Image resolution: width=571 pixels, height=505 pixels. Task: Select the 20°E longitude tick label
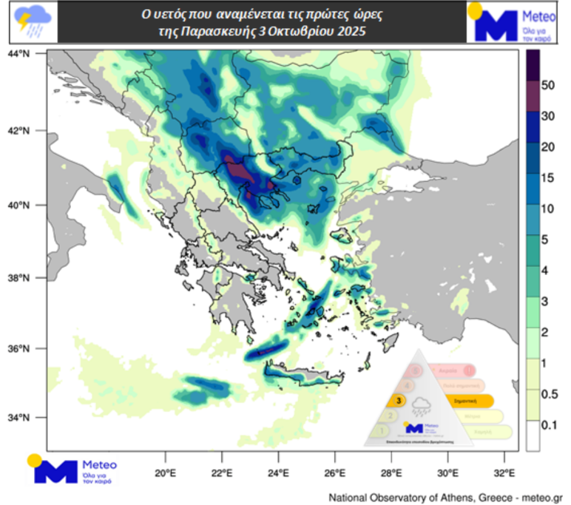165,474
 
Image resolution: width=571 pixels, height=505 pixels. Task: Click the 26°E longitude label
335,474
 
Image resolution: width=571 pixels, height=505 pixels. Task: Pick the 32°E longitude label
504,474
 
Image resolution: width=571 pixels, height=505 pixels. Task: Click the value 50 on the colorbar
547,85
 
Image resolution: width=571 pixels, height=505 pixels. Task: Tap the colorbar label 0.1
549,425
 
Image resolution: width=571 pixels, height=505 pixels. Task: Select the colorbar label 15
547,178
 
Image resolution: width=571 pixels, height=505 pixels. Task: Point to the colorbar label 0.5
549,394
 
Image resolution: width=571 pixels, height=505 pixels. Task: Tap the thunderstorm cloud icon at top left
33,22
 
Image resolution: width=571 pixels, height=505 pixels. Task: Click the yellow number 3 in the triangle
398,400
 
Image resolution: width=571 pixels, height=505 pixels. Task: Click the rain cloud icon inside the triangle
421,406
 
